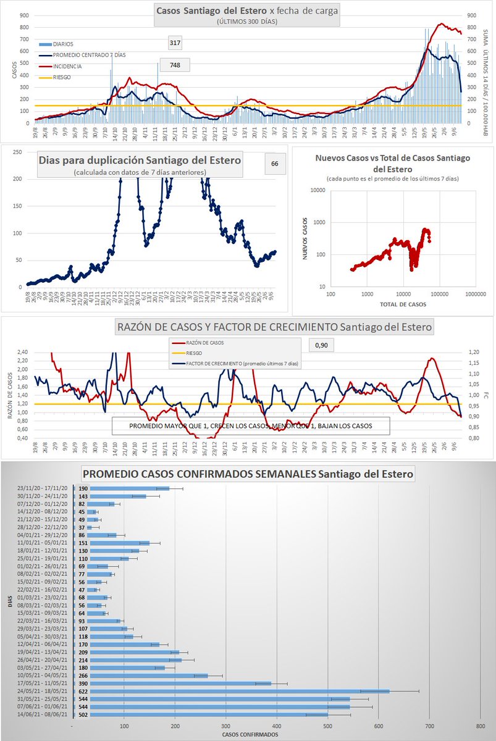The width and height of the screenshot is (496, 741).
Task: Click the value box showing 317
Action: coord(174,43)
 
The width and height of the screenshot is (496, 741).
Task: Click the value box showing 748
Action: coord(174,65)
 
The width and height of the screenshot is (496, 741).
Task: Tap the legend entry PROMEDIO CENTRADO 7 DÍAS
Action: coord(85,55)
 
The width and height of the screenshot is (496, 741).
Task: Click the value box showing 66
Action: coord(274,164)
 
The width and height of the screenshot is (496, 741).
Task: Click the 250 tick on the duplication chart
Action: coord(19,153)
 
